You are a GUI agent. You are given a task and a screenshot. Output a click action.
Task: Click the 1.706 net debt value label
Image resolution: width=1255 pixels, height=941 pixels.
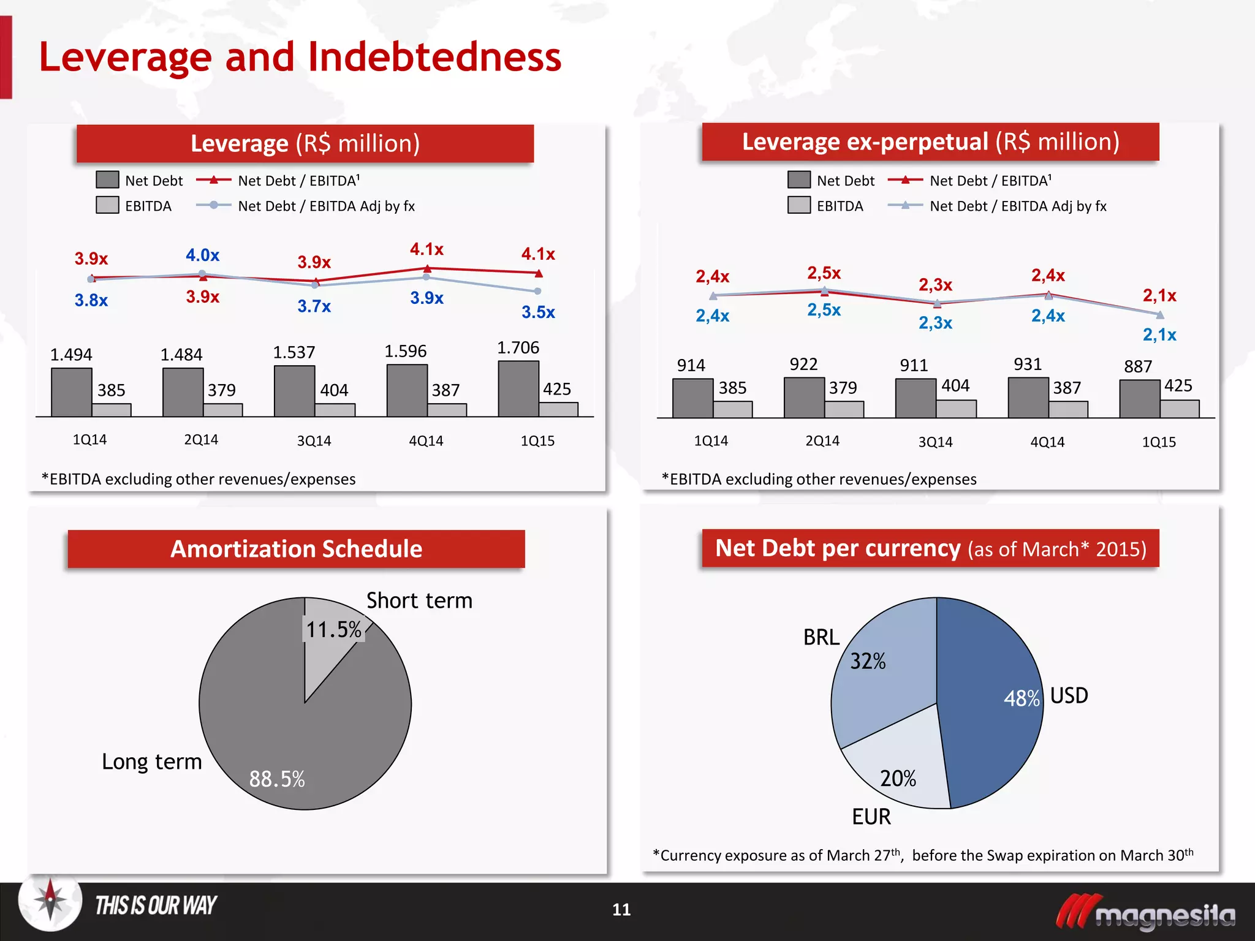(518, 348)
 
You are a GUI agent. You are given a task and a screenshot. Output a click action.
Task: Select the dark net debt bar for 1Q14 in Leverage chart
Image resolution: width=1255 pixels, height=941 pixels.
(71, 392)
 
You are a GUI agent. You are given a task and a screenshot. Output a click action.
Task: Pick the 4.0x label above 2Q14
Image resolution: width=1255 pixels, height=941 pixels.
(202, 255)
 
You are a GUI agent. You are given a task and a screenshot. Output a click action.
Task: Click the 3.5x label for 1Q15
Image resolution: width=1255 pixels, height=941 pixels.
(538, 312)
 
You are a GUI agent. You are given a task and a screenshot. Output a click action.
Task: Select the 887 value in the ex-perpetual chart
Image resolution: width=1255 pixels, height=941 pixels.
(1137, 366)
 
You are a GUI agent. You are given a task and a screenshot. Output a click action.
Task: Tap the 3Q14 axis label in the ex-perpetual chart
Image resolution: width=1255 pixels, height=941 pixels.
(935, 442)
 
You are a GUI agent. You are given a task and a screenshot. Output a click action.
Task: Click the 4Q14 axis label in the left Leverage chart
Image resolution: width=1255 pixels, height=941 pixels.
(426, 440)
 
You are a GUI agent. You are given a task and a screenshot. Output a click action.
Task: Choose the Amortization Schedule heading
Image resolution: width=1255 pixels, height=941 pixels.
(296, 549)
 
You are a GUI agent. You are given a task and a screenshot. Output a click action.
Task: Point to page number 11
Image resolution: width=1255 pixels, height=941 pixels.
(621, 910)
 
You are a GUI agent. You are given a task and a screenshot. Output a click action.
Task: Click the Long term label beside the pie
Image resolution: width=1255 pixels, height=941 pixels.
(151, 761)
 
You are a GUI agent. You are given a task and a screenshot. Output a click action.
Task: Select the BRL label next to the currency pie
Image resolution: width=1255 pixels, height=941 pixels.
(821, 638)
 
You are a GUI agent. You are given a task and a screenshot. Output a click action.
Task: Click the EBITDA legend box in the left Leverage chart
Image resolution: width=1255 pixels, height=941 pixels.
(107, 205)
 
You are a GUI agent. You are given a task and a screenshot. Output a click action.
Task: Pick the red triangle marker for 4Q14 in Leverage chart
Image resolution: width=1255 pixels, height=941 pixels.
(428, 268)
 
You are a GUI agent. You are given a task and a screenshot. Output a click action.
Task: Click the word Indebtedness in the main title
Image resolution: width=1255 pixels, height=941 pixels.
(434, 57)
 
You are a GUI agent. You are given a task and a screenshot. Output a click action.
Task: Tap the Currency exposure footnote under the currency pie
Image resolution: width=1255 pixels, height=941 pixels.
(923, 855)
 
